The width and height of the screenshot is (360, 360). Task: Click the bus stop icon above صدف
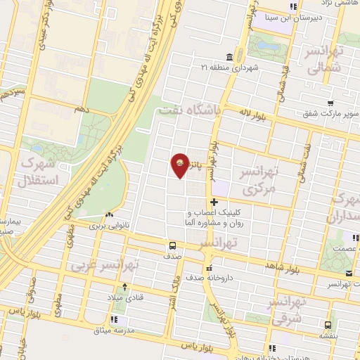click(x=172, y=245)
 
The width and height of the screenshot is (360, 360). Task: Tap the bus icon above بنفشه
click(x=328, y=325)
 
